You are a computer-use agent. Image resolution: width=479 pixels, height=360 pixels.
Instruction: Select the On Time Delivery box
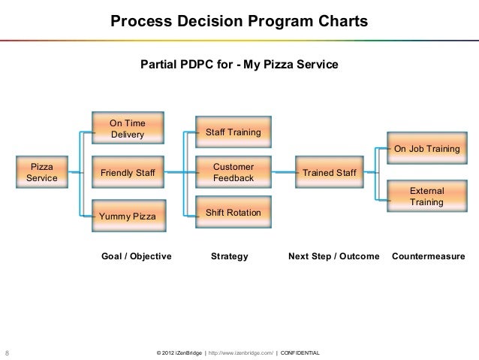tap(127, 129)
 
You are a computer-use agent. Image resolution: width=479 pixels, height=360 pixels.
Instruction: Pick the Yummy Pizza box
tap(127, 217)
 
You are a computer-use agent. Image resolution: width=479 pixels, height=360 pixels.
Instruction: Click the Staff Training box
tap(233, 132)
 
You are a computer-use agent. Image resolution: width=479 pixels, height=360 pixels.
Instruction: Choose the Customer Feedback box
tap(233, 172)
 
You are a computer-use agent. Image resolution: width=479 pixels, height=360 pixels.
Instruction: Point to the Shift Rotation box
tap(233, 214)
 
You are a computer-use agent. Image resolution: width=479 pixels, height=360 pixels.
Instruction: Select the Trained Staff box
tap(329, 174)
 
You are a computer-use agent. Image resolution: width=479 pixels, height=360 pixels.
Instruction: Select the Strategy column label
tap(229, 257)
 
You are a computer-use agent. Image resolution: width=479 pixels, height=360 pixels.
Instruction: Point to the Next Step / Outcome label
tap(333, 257)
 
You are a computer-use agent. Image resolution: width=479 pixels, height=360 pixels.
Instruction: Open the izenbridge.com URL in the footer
tap(239, 352)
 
